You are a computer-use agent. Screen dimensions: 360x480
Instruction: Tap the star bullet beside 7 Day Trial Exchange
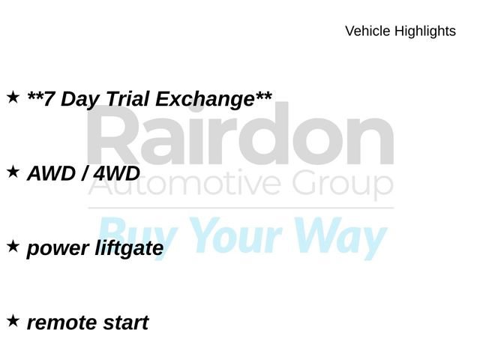tap(13, 97)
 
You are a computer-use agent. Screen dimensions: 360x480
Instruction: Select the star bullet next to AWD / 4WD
tap(13, 172)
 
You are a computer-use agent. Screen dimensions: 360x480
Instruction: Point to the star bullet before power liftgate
tap(13, 246)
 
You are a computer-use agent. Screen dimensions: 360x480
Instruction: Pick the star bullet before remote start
tap(13, 320)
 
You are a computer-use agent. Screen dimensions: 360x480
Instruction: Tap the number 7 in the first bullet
tap(50, 99)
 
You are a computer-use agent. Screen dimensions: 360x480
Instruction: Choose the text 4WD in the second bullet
tap(117, 174)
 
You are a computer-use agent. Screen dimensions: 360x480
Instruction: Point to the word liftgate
tap(128, 248)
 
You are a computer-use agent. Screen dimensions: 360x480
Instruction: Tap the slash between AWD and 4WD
tap(87, 174)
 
